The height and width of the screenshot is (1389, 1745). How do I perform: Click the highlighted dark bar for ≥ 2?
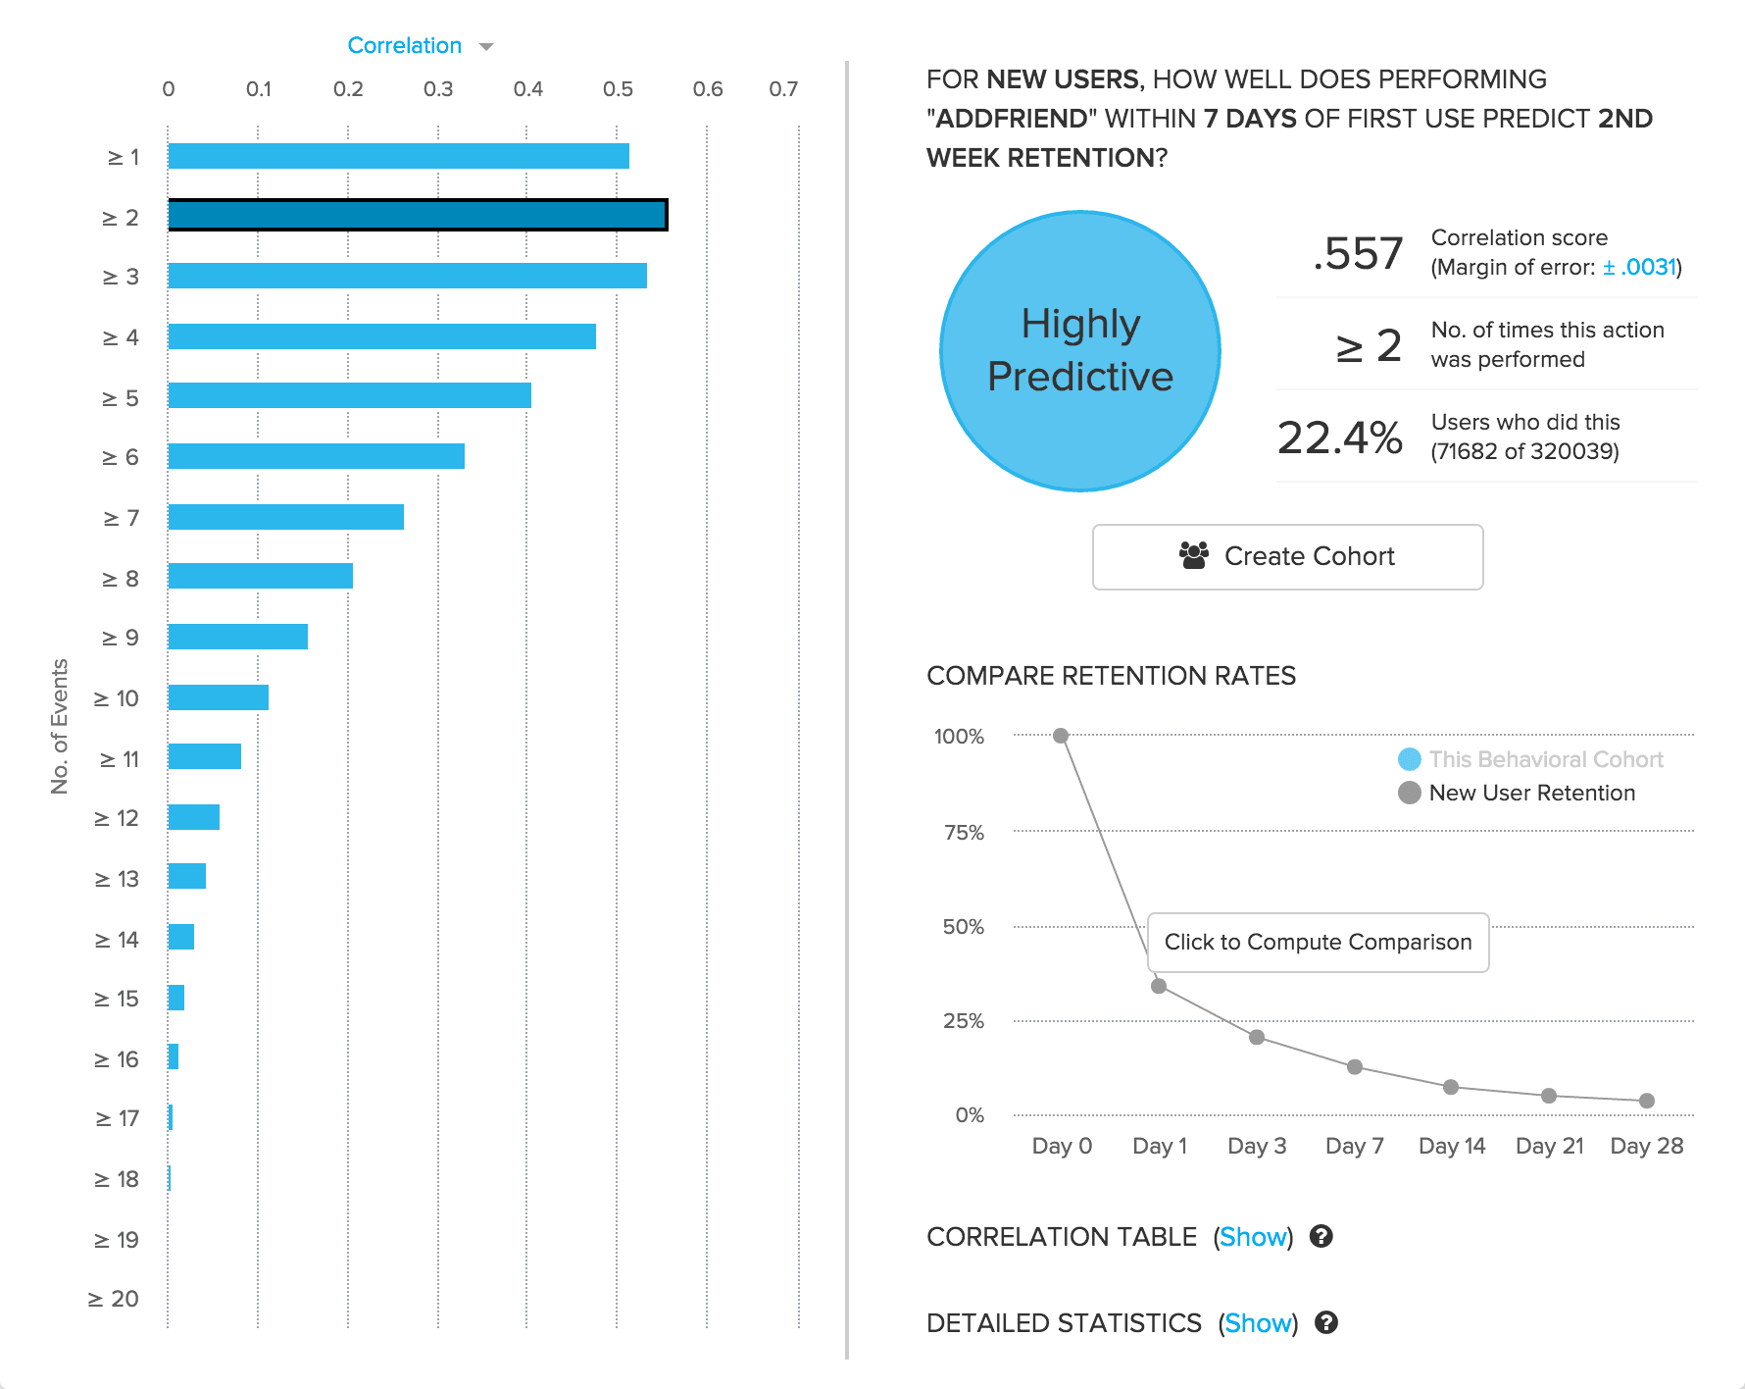click(x=418, y=215)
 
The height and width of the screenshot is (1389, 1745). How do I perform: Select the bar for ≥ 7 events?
click(x=285, y=517)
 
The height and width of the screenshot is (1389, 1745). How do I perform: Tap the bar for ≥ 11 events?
click(x=204, y=756)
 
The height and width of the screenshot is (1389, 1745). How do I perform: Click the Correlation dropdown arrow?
click(x=486, y=47)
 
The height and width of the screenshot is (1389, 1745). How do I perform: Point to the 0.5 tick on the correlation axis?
click(x=618, y=89)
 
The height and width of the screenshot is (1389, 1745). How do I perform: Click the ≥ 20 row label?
click(x=114, y=1299)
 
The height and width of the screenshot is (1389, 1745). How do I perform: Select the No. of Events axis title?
click(x=60, y=726)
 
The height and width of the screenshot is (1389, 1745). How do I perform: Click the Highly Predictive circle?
click(x=1079, y=351)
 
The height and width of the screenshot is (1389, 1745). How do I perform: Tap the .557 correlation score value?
click(x=1358, y=253)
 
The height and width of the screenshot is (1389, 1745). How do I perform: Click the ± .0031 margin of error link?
click(x=1639, y=267)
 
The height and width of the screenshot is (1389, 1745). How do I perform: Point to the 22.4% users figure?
click(x=1339, y=437)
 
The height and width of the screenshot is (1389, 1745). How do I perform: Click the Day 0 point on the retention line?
click(x=1061, y=736)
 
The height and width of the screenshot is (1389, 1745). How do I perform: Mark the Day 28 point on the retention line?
click(x=1647, y=1101)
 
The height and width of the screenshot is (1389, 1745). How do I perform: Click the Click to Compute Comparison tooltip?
click(x=1318, y=942)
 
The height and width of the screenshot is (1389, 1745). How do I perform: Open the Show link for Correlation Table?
click(x=1253, y=1237)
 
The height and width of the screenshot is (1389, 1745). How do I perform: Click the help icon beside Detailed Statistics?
click(x=1326, y=1322)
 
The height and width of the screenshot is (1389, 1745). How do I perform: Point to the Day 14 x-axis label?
click(x=1452, y=1146)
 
